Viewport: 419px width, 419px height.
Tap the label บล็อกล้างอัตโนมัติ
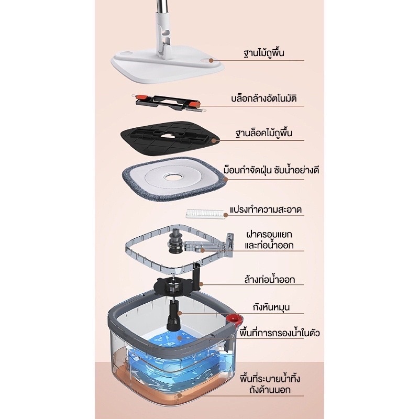(x=264, y=98)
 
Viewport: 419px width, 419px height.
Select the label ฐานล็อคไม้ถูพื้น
(x=264, y=133)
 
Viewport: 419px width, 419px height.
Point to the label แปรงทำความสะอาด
(x=266, y=209)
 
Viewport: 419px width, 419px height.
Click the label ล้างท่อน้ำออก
(x=270, y=279)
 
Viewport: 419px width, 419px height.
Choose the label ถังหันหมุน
(x=271, y=307)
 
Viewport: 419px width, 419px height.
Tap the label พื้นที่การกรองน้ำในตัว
(x=280, y=333)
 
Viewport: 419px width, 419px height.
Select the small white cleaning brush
(x=205, y=214)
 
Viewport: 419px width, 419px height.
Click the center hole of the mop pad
(x=173, y=177)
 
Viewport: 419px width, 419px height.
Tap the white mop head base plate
(x=168, y=64)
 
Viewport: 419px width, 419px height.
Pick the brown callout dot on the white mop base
(x=211, y=60)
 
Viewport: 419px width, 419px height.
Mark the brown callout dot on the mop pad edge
(x=226, y=179)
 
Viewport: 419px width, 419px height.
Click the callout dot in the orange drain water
(x=180, y=395)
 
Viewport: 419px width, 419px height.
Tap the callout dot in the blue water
(x=180, y=338)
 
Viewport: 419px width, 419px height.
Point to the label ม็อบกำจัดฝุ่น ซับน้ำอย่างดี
(x=271, y=170)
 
